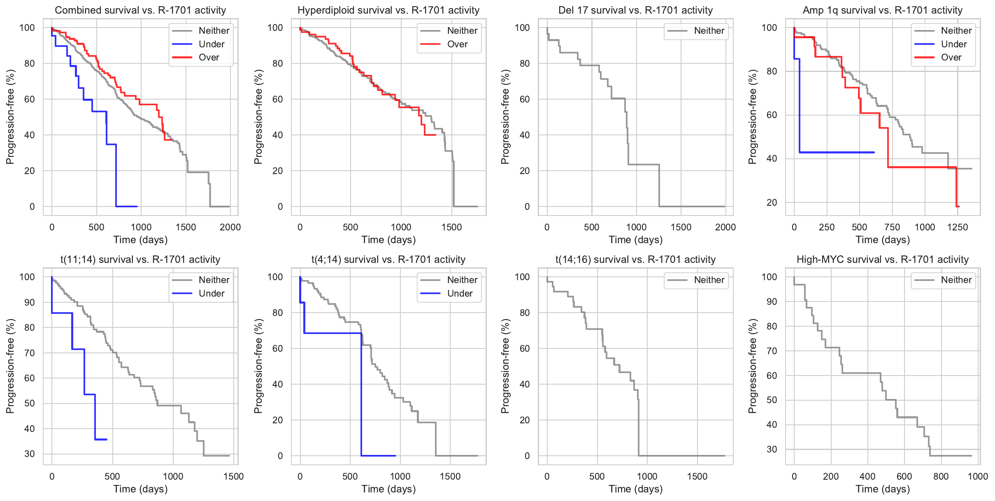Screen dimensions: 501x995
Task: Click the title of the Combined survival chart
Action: pyautogui.click(x=140, y=10)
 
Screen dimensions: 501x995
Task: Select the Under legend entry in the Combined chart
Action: pyautogui.click(x=211, y=44)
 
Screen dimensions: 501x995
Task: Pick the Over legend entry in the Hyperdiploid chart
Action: pyautogui.click(x=457, y=44)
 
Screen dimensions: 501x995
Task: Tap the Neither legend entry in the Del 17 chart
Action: pyautogui.click(x=709, y=31)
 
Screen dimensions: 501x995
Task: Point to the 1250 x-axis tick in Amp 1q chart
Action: pyautogui.click(x=958, y=227)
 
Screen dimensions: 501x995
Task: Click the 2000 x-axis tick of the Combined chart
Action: pyautogui.click(x=230, y=227)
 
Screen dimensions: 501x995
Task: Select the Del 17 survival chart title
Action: pyautogui.click(x=635, y=10)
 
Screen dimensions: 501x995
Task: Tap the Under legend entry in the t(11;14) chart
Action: pyautogui.click(x=211, y=293)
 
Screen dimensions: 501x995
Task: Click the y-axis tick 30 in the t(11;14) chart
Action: pyautogui.click(x=30, y=454)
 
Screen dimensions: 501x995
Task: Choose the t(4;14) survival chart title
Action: pyautogui.click(x=388, y=260)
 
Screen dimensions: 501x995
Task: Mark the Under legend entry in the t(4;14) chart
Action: pyautogui.click(x=460, y=293)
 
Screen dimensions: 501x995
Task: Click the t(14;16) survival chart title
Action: pyautogui.click(x=635, y=260)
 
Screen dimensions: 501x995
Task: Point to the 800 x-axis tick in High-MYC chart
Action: pyautogui.click(x=941, y=476)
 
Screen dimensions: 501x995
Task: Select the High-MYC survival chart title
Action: pyautogui.click(x=883, y=260)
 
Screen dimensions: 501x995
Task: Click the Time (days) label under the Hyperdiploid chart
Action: pyautogui.click(x=388, y=240)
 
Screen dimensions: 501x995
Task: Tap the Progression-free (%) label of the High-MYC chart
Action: pyautogui.click(x=752, y=366)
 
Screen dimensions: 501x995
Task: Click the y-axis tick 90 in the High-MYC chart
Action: pyautogui.click(x=772, y=302)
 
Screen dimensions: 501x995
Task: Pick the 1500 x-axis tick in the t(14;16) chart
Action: pyautogui.click(x=697, y=476)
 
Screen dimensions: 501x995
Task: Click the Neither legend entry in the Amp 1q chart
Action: pyautogui.click(x=956, y=31)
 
